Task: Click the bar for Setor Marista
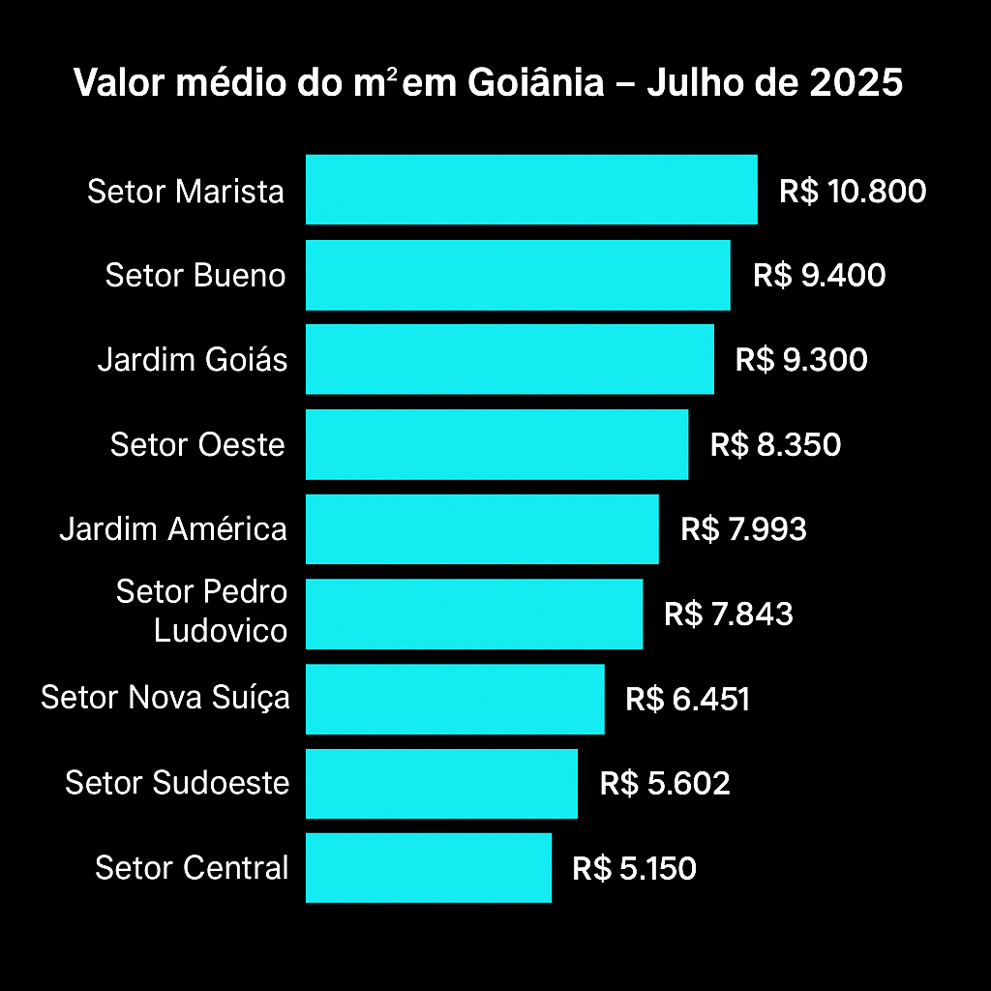tap(531, 190)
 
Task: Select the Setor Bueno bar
tap(518, 275)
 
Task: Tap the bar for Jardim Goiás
tap(510, 359)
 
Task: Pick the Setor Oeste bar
tap(496, 444)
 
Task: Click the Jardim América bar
tap(482, 528)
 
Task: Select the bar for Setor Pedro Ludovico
tap(474, 614)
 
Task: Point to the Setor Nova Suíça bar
tap(455, 699)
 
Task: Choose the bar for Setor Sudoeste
tap(441, 783)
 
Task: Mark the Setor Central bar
tap(429, 868)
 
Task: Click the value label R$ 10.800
tap(853, 191)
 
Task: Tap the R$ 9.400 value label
tap(820, 276)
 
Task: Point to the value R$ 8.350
tap(775, 445)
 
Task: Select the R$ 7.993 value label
tap(743, 529)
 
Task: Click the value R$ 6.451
tap(687, 699)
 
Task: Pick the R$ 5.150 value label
tap(634, 868)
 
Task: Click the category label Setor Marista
tap(186, 192)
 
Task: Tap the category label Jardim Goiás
tap(193, 360)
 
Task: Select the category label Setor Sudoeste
tap(177, 783)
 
